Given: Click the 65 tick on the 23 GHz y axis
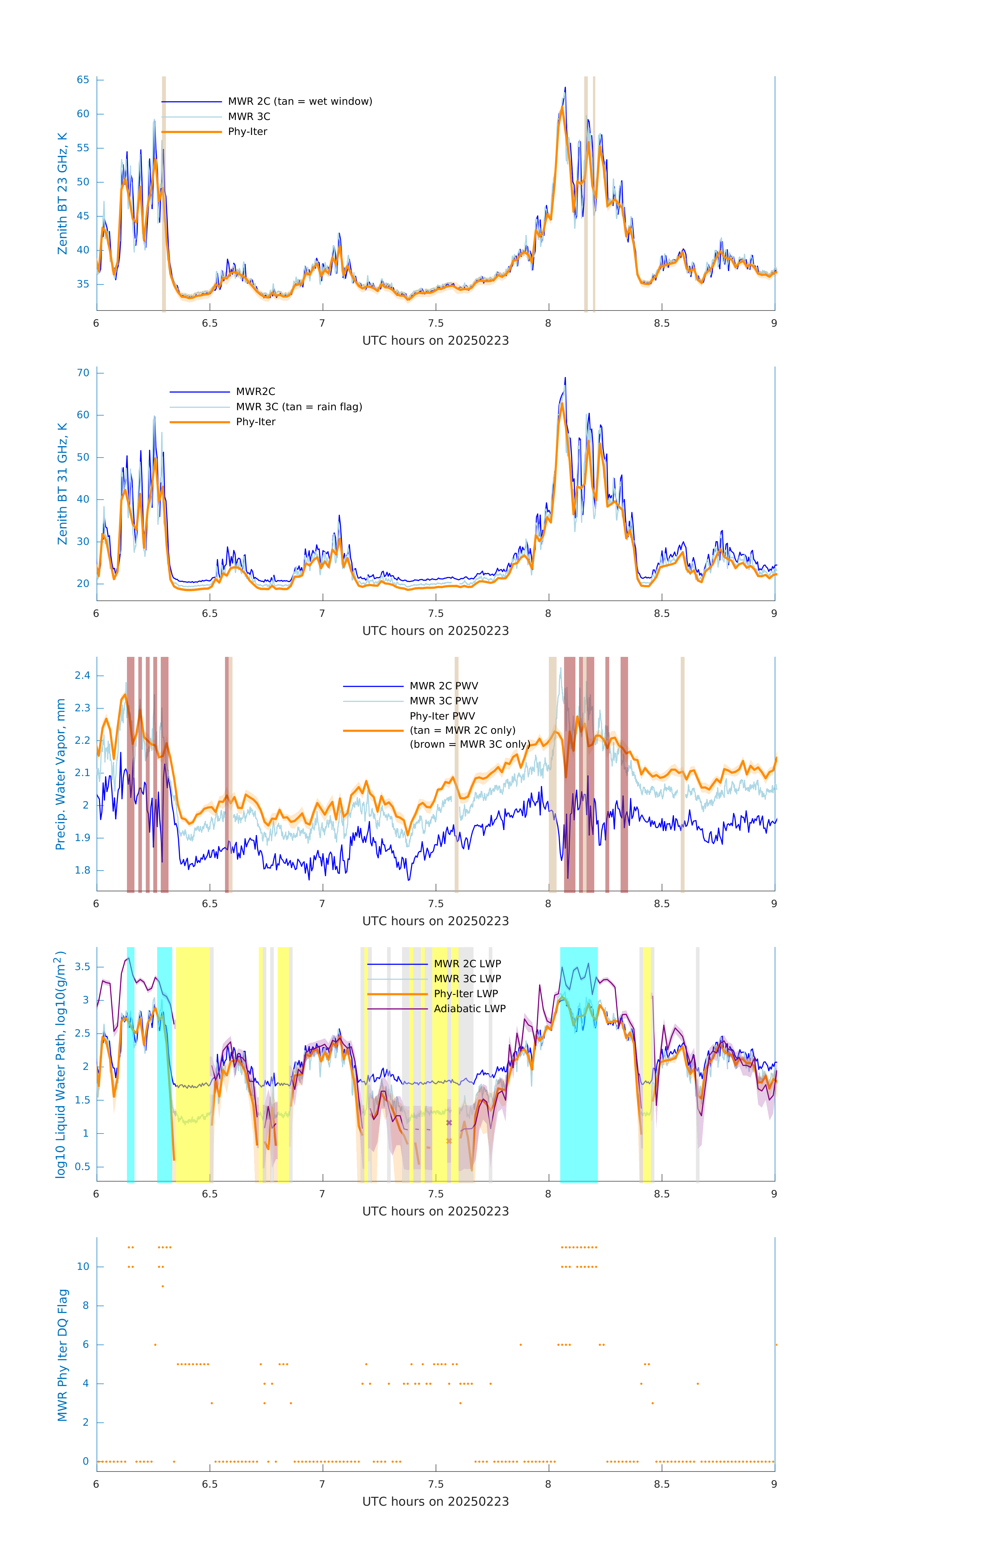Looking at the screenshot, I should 83,80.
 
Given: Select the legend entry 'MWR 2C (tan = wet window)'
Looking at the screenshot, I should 300,102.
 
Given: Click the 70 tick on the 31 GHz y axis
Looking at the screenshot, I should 83,373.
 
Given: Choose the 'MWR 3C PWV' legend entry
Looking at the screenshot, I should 444,701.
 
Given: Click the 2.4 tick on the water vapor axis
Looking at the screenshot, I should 82,675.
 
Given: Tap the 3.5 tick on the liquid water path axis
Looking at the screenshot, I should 82,967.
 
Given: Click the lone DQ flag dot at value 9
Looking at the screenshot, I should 163,1286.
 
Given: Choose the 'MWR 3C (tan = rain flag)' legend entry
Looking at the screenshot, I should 299,407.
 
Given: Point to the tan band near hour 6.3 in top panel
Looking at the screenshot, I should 164,193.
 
